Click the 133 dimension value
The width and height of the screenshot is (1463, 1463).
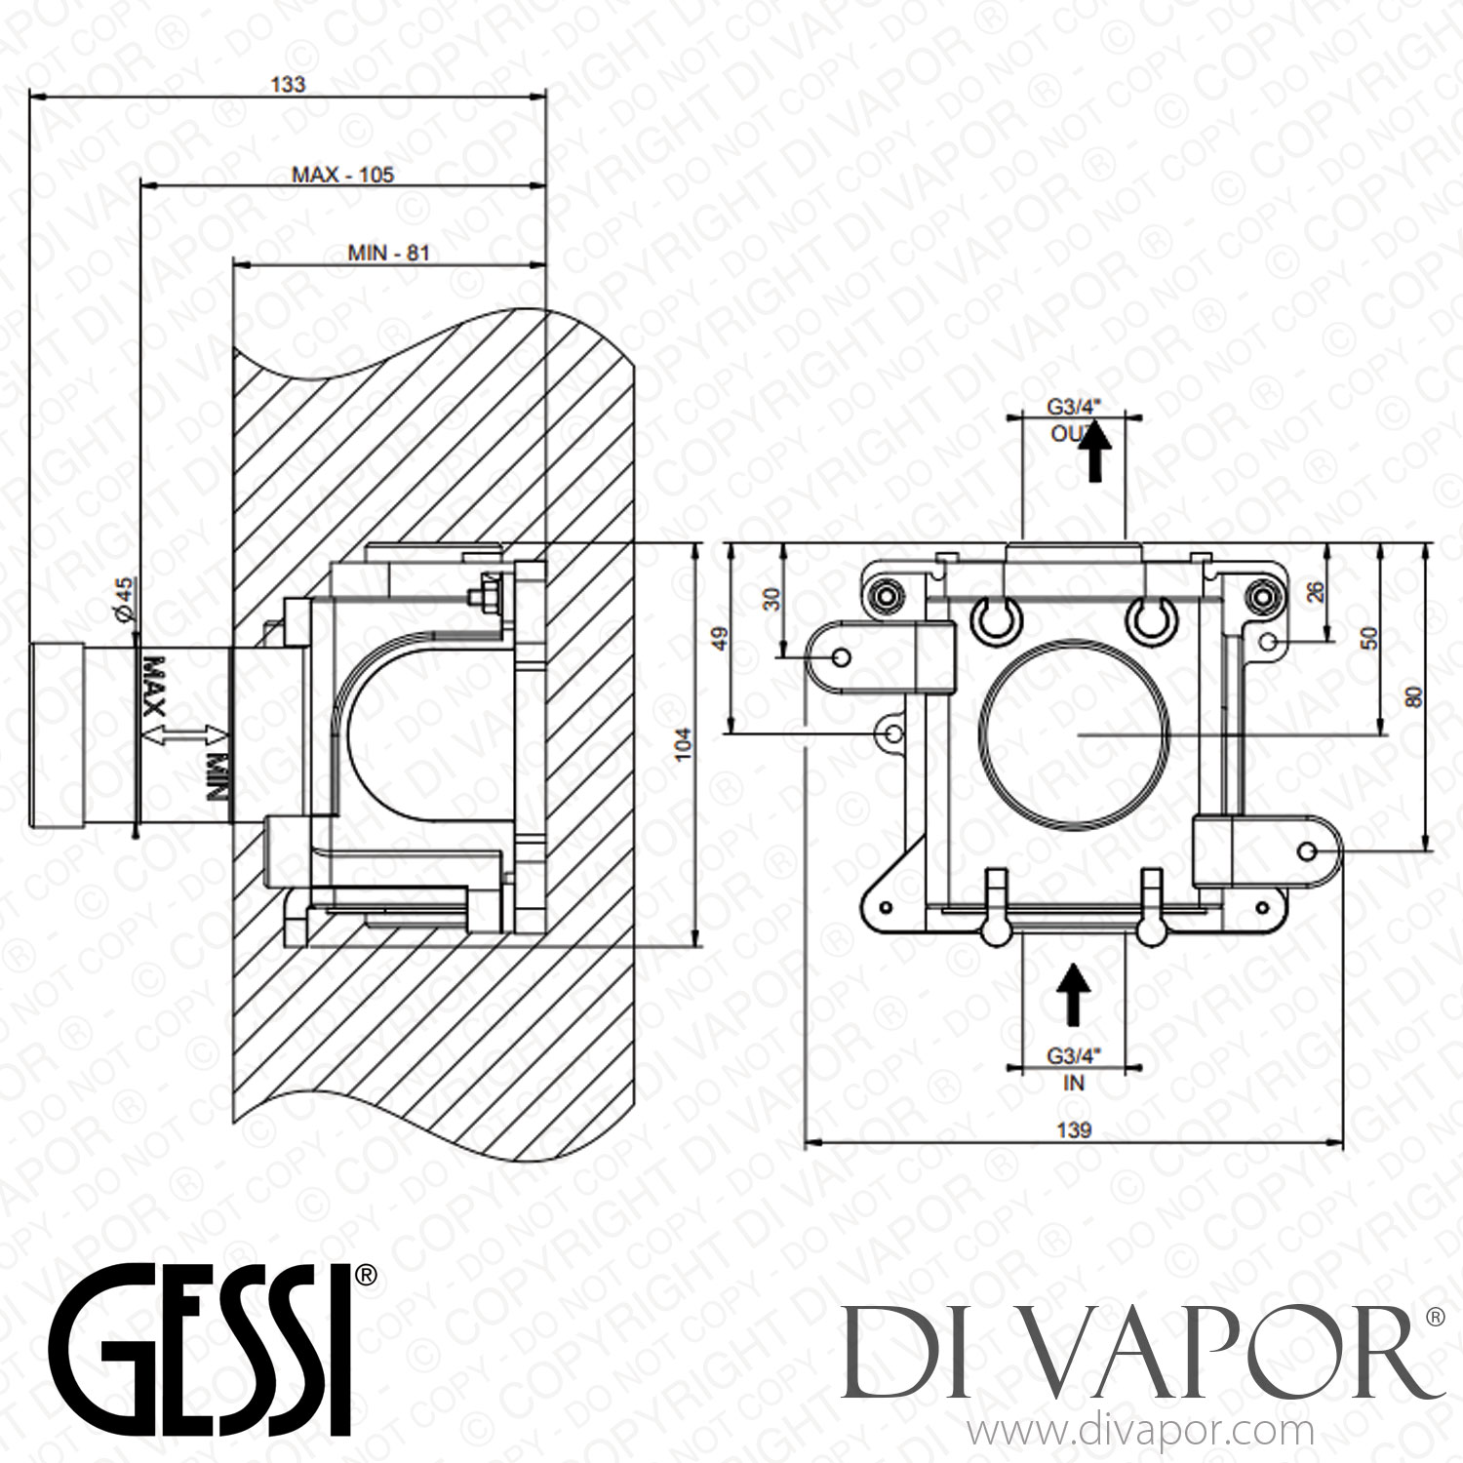pyautogui.click(x=287, y=85)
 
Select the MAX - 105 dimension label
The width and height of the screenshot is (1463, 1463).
pyautogui.click(x=343, y=175)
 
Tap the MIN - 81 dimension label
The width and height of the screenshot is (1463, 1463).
pyautogui.click(x=388, y=253)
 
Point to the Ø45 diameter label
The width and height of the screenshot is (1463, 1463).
pyautogui.click(x=124, y=595)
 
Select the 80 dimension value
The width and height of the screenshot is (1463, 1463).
pyautogui.click(x=1414, y=697)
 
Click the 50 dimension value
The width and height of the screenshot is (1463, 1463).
pyautogui.click(x=1369, y=638)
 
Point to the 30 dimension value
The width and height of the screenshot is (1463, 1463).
pyautogui.click(x=771, y=599)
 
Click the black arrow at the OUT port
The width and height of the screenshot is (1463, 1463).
pyautogui.click(x=1099, y=451)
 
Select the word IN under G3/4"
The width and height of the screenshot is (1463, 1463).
pyautogui.click(x=1073, y=1083)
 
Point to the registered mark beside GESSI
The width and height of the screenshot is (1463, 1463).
pyautogui.click(x=366, y=1274)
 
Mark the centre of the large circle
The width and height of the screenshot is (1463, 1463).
pyautogui.click(x=1077, y=732)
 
